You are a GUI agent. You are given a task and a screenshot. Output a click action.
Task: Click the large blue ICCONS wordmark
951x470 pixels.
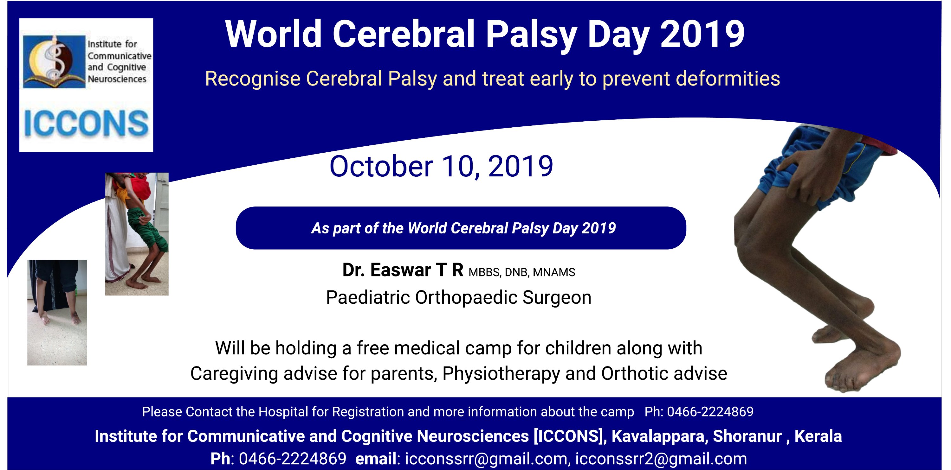pos(86,124)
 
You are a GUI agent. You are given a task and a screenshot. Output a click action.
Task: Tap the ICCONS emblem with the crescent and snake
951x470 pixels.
pos(54,62)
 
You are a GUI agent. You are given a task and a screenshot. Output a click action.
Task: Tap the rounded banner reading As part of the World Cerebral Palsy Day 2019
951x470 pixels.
pos(461,228)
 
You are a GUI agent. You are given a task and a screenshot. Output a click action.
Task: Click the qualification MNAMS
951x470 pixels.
pos(554,272)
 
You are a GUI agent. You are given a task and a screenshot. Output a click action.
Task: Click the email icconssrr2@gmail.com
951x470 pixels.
pos(661,459)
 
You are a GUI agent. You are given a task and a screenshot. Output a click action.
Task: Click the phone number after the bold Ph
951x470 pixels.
pos(292,459)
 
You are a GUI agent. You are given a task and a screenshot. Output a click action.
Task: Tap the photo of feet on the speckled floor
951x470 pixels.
pos(57,313)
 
